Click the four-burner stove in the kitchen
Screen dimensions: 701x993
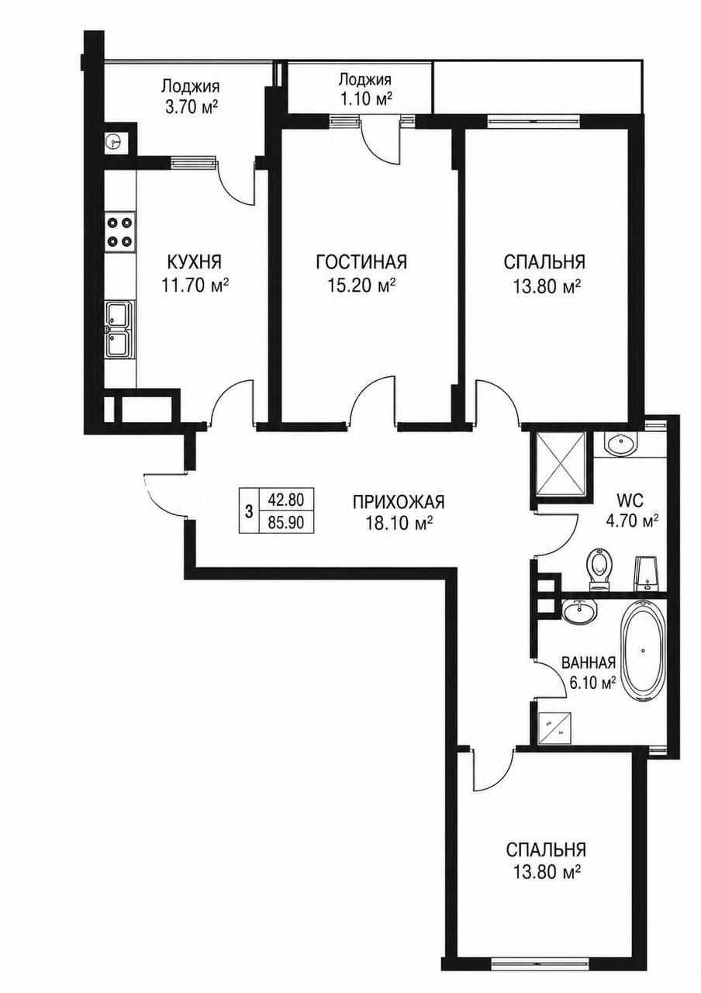click(120, 231)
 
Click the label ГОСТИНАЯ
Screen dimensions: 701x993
click(361, 262)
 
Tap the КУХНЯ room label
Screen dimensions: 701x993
click(194, 262)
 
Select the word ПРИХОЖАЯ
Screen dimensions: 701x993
click(399, 502)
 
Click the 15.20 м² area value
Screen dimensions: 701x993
click(361, 286)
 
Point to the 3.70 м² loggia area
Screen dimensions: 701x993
click(191, 107)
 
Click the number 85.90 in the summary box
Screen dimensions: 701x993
click(286, 523)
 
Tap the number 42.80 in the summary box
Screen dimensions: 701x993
click(286, 500)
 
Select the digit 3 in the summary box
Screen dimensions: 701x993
click(249, 512)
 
